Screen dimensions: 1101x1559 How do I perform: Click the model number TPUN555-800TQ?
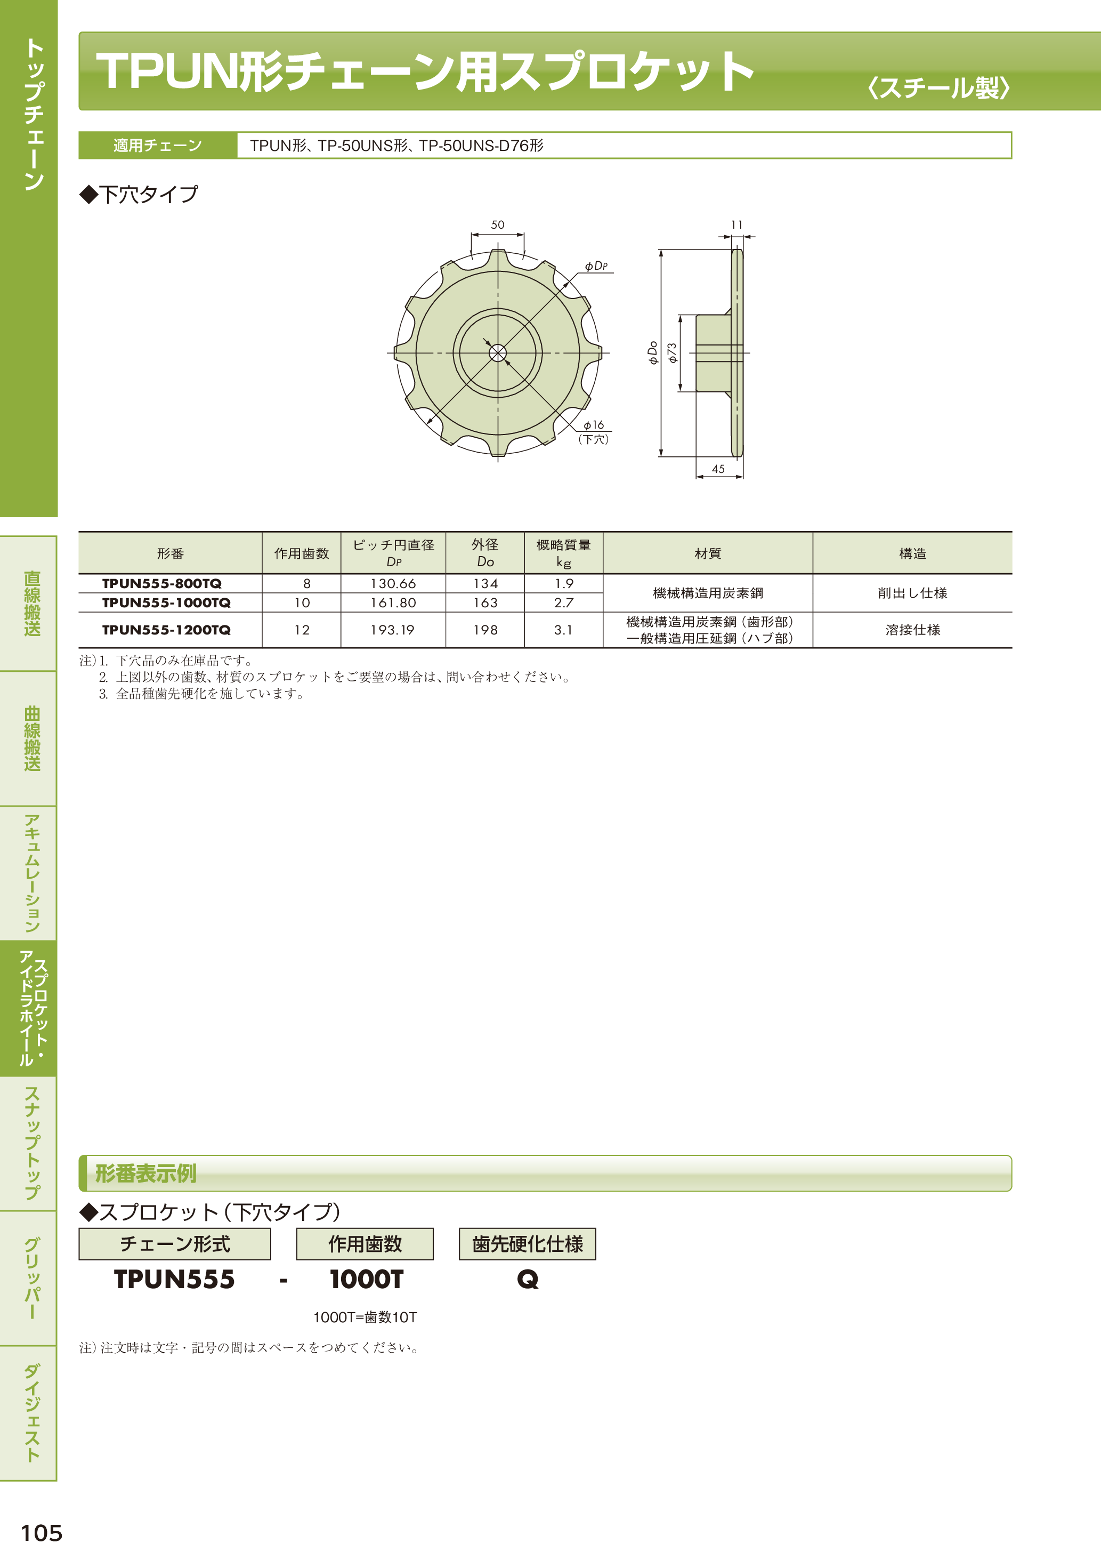pos(161,583)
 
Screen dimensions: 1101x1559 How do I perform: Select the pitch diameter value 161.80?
pos(393,602)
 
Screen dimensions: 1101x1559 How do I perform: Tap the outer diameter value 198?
pos(485,630)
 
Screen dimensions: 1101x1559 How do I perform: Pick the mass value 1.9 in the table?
pos(564,583)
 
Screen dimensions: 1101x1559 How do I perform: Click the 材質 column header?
pos(707,553)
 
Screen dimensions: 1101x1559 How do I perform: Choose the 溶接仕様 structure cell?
pos(912,630)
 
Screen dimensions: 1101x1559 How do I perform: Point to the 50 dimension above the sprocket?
pos(498,225)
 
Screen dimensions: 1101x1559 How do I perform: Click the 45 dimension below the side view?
pos(718,469)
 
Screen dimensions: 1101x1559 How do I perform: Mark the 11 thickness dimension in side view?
pos(737,225)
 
